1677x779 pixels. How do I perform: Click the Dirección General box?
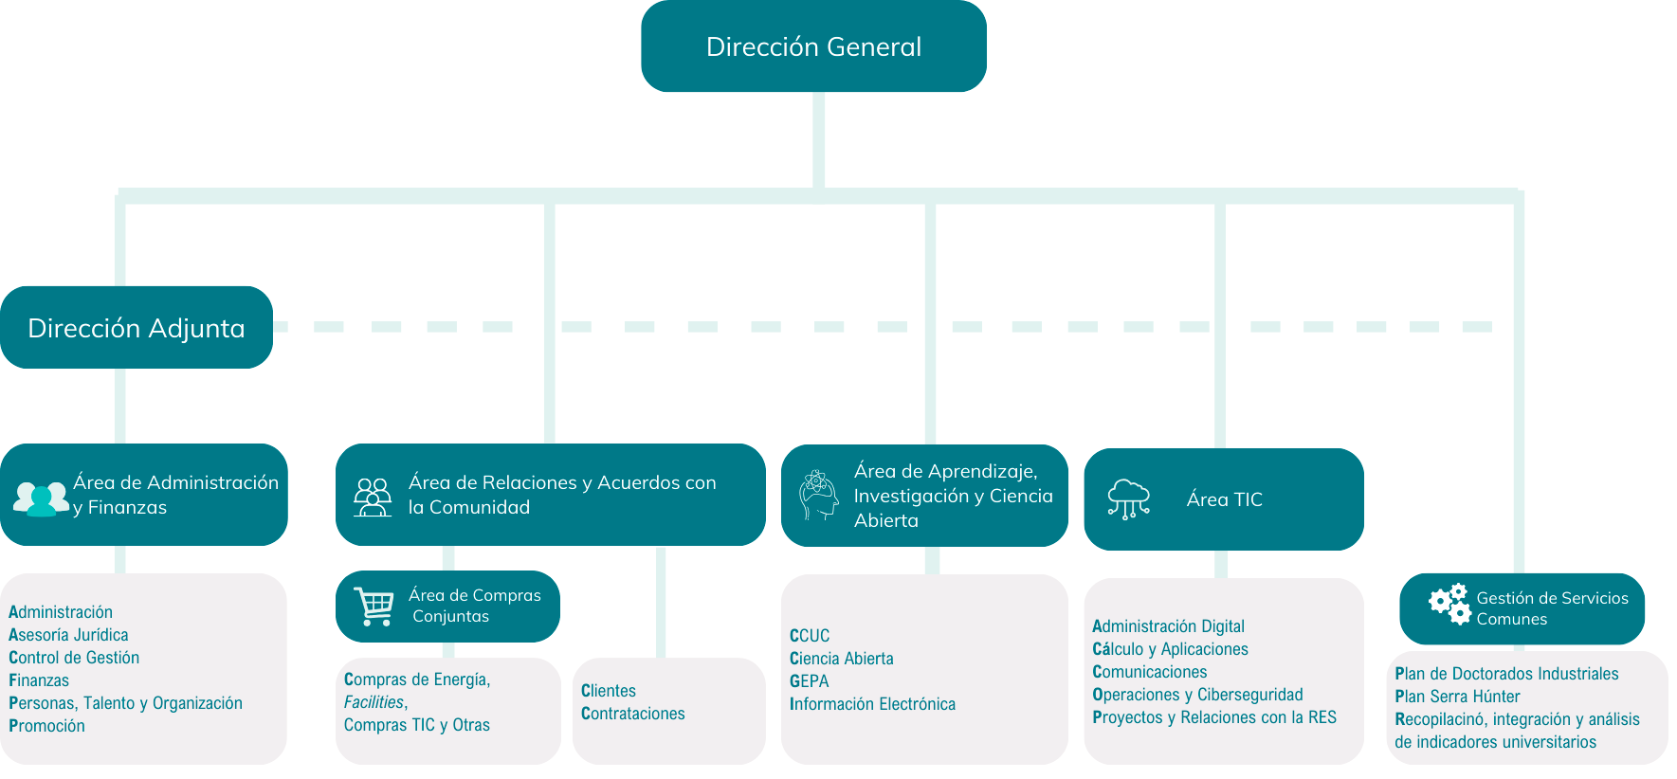(813, 46)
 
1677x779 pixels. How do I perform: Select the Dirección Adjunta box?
(137, 328)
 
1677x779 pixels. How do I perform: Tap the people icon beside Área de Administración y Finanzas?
(41, 498)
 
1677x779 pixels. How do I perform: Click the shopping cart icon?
(374, 607)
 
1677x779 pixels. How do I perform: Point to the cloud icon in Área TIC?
(1128, 498)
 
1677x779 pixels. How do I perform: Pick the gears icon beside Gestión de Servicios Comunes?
(1449, 604)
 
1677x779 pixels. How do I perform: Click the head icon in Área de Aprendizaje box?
(818, 495)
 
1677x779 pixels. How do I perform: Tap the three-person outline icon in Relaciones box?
(373, 497)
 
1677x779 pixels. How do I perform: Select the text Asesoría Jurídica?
(68, 635)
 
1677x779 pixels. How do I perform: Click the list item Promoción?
(46, 726)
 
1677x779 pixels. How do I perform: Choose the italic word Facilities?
(374, 702)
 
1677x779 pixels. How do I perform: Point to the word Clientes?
(609, 691)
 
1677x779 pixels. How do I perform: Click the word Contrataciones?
(632, 714)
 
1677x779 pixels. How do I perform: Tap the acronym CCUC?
(810, 636)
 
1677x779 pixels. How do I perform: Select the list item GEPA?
(809, 681)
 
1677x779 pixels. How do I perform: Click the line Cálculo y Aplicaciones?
(1170, 649)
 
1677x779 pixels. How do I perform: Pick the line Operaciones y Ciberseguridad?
(1197, 695)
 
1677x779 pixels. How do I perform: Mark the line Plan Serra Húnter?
(1457, 697)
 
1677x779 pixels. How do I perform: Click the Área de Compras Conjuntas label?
(474, 606)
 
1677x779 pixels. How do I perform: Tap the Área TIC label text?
(1224, 499)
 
